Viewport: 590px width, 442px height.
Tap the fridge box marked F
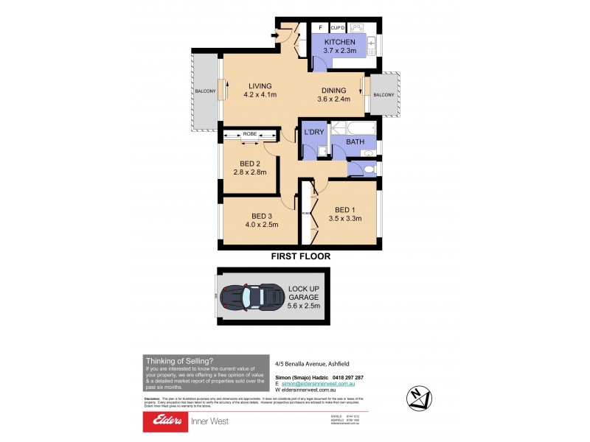pos(321,28)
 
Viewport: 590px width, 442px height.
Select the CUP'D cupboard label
pos(339,28)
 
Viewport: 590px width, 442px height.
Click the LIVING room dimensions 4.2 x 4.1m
pos(261,95)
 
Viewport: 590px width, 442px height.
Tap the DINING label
pos(331,91)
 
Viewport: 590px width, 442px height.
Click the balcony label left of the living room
pos(205,91)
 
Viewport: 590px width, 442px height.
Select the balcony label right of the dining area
pos(383,94)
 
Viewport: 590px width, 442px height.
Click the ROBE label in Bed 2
pos(250,134)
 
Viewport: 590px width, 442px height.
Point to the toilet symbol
pos(367,170)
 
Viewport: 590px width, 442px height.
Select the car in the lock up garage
pos(251,297)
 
